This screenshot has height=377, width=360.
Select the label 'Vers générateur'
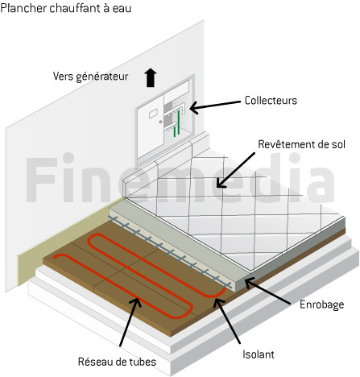(90, 77)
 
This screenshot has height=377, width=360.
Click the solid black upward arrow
(151, 77)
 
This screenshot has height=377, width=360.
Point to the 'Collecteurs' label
(271, 101)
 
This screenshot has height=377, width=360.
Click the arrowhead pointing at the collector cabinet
(194, 108)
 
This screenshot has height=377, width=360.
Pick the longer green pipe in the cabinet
(179, 122)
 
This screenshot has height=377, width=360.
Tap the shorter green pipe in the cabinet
(175, 131)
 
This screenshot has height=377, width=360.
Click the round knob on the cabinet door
(160, 122)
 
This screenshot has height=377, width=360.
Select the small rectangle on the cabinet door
(153, 114)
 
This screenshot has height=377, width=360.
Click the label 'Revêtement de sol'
(301, 144)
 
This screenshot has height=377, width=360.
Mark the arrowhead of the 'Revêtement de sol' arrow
(221, 183)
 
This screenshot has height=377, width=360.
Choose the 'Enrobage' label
(321, 304)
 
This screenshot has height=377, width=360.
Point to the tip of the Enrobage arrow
(245, 280)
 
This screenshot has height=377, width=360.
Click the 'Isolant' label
(259, 354)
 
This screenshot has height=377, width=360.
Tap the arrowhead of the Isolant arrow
(217, 300)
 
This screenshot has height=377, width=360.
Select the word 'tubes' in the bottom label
(143, 362)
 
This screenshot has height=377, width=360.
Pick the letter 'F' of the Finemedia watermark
(40, 180)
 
